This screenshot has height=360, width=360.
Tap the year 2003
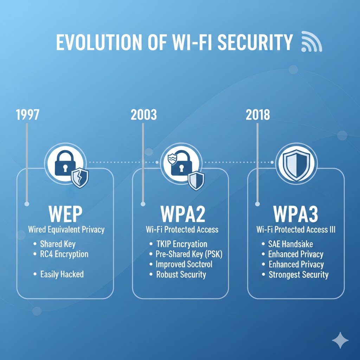point(143,115)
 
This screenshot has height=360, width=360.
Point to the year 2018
point(258,115)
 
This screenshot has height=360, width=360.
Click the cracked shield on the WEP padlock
point(80,178)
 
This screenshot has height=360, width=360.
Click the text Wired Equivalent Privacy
point(66,230)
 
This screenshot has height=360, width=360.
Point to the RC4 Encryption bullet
point(64,254)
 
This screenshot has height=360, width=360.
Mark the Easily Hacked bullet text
point(62,274)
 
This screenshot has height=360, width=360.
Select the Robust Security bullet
point(181,275)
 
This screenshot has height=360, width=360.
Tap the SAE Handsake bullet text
point(290,244)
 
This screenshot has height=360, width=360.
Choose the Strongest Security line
point(298,275)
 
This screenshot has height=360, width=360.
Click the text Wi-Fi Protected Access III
point(296,230)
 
